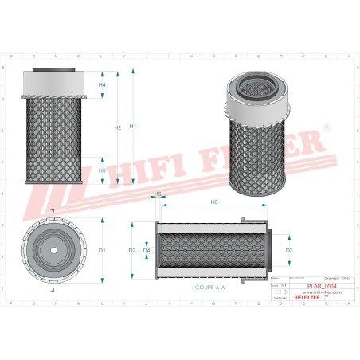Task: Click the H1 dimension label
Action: (133, 127)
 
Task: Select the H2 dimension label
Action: (117, 127)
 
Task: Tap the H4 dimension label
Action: (102, 84)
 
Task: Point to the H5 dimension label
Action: (102, 170)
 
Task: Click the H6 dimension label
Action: (158, 194)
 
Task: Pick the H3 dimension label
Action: (214, 202)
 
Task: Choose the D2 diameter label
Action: (132, 251)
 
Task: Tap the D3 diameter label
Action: (289, 251)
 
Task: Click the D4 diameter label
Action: (147, 251)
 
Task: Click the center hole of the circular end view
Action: (53, 251)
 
